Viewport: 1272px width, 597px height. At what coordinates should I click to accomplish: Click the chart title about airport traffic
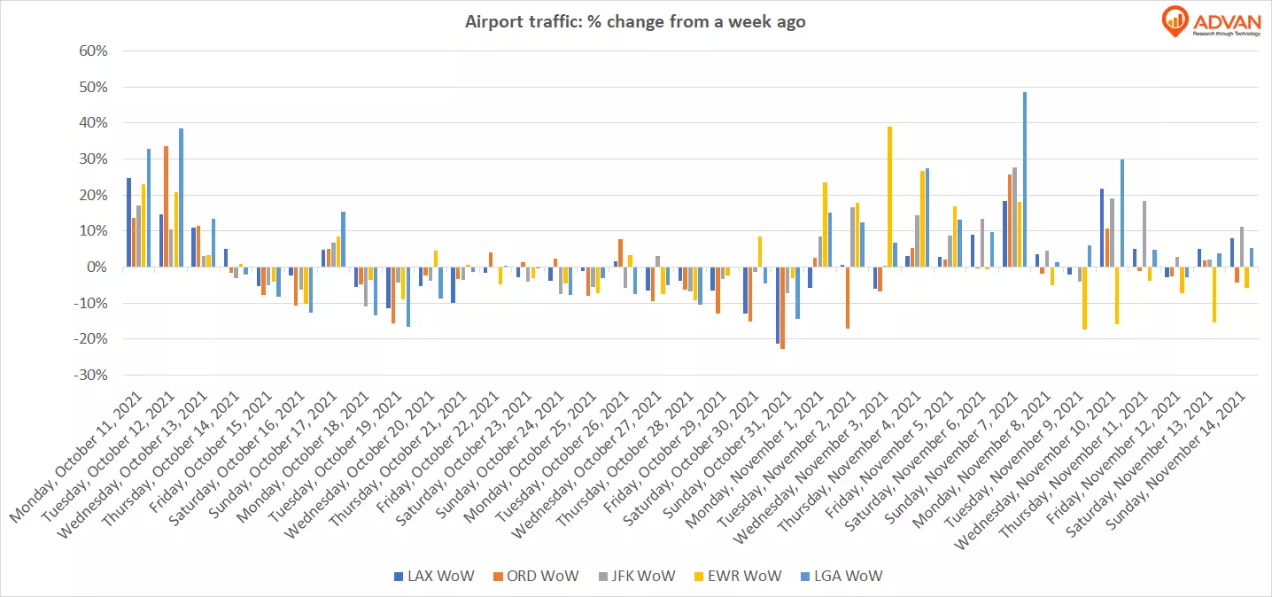pos(635,22)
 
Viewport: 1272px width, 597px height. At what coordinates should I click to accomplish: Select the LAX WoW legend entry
pos(434,576)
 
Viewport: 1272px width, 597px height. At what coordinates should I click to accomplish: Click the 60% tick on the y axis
pos(92,51)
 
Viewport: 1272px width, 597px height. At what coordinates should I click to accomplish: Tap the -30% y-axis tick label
pos(89,375)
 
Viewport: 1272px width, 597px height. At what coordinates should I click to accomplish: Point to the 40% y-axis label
pos(92,123)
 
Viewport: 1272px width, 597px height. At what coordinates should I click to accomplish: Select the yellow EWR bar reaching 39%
pos(889,196)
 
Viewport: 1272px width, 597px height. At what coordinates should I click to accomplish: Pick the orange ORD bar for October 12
pos(167,206)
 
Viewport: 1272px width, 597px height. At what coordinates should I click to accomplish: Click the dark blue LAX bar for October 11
pos(128,222)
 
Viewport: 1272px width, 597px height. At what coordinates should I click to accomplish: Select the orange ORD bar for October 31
pos(782,307)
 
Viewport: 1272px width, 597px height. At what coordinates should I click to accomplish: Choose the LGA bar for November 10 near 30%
pos(1121,213)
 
